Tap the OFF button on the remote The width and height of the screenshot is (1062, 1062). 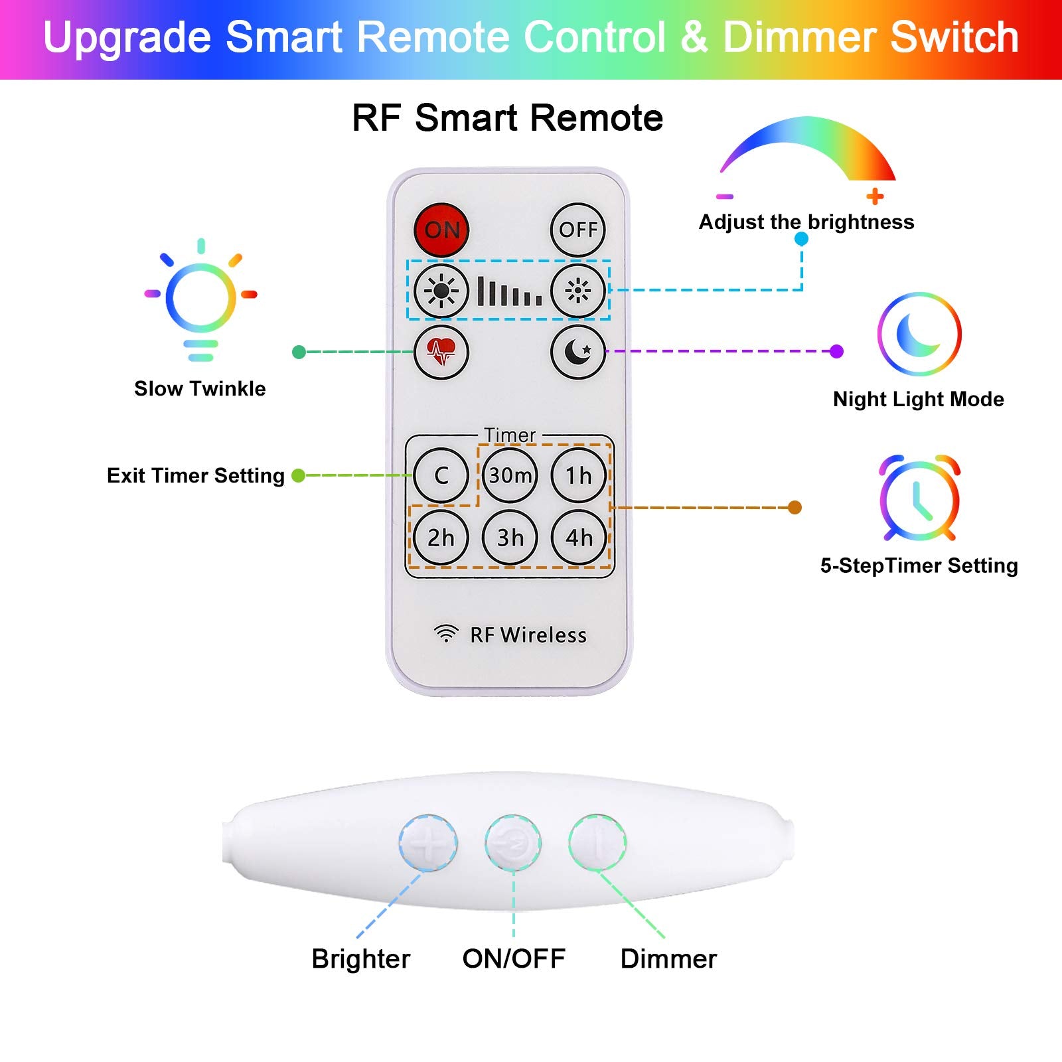click(578, 230)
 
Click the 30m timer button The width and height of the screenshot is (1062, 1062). click(510, 475)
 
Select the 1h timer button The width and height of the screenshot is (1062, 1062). click(578, 475)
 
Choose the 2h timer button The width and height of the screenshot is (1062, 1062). click(441, 538)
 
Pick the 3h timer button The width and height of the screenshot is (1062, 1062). click(510, 538)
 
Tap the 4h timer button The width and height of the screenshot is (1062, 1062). click(578, 538)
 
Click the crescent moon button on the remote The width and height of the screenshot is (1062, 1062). click(578, 352)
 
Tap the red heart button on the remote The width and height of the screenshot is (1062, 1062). click(441, 352)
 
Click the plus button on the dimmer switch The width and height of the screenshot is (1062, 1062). click(428, 843)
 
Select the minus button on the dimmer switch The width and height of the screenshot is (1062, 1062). click(597, 843)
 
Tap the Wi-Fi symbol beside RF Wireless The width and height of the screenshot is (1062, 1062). click(446, 634)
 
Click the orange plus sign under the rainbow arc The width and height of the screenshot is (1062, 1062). click(875, 196)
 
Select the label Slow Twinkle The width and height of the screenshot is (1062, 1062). click(200, 388)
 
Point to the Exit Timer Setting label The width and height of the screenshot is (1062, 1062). click(196, 476)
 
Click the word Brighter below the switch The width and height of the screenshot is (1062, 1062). click(361, 959)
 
